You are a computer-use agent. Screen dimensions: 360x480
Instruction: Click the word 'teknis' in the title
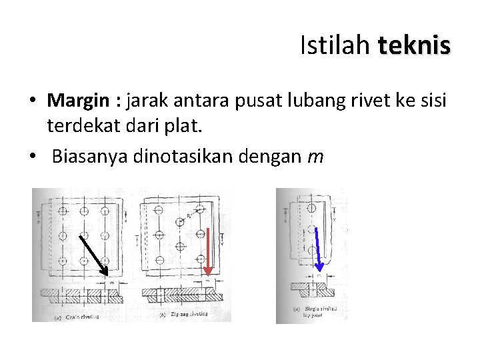[414, 46]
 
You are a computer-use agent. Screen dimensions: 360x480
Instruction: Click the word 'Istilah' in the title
[335, 46]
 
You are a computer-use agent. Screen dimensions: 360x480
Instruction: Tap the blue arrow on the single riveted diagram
[318, 250]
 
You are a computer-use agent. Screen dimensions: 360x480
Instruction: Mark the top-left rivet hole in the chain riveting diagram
[63, 211]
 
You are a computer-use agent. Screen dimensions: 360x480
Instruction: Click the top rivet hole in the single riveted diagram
[312, 208]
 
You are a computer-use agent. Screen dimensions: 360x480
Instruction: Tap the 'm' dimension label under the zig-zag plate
[207, 281]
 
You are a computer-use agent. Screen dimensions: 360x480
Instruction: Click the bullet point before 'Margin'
[33, 101]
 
